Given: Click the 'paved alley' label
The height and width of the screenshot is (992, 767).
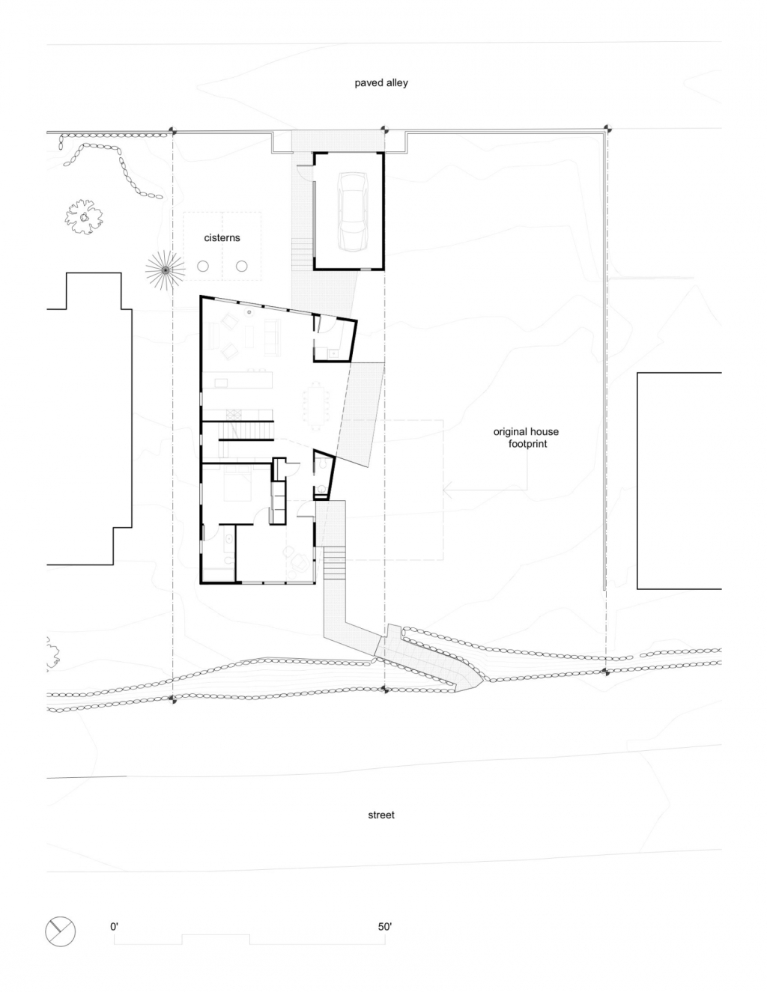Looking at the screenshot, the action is [x=381, y=83].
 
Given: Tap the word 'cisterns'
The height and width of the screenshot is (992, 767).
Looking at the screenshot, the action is [x=222, y=238].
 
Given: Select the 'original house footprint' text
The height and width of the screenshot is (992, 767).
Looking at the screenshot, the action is [x=526, y=437].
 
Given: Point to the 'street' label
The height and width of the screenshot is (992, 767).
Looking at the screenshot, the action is [x=381, y=815].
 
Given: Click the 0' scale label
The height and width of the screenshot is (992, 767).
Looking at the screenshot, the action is [x=114, y=927].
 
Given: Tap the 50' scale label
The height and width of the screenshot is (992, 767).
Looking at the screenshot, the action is [x=385, y=927].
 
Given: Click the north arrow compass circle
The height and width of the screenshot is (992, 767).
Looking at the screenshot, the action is [x=60, y=931].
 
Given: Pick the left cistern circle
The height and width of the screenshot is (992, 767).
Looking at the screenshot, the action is [x=203, y=266].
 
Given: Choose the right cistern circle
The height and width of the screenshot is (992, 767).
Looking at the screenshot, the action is [x=241, y=266].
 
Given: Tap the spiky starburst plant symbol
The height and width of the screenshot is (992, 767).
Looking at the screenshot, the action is [x=166, y=270].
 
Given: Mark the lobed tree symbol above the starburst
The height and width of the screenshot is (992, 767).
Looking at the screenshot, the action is [x=84, y=217].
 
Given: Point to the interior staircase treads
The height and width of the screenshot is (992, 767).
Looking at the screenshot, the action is [x=246, y=430].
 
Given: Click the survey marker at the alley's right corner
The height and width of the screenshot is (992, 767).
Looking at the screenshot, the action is [x=607, y=128].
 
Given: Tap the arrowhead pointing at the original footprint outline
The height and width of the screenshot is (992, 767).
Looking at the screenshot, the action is [x=447, y=490].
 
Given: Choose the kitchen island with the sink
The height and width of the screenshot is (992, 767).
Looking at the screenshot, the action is [x=237, y=380].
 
